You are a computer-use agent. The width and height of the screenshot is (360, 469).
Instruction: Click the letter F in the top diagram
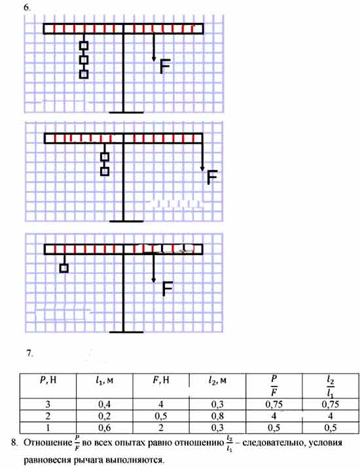tap(165, 66)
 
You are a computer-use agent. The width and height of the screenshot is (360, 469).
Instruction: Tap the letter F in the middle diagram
tap(212, 177)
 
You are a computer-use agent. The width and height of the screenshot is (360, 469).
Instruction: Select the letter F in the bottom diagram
tap(168, 289)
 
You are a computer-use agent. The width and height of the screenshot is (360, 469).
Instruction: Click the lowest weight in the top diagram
tap(84, 74)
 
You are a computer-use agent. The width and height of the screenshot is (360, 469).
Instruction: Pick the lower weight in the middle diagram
tap(105, 171)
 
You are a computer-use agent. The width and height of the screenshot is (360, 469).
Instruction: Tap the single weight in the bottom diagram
tap(63, 268)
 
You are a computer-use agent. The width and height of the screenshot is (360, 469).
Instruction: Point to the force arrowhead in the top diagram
tap(154, 60)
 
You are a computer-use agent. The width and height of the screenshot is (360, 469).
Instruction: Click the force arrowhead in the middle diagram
tap(202, 169)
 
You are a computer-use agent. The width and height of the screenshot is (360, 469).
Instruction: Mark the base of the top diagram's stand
tap(126, 113)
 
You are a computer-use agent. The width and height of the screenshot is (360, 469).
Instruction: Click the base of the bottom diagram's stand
tap(126, 332)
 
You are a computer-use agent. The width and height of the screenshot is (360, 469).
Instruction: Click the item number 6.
tap(27, 8)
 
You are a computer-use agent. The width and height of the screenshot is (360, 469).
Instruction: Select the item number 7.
tap(29, 353)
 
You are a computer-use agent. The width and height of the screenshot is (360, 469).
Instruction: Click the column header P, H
tap(48, 380)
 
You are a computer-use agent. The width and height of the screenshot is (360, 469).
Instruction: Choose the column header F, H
tap(161, 380)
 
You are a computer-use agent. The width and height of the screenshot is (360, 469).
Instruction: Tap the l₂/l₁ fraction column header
tap(331, 387)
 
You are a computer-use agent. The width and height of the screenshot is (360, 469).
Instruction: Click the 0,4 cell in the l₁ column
tap(105, 404)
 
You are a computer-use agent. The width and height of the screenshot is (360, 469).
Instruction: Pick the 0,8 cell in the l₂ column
tap(217, 416)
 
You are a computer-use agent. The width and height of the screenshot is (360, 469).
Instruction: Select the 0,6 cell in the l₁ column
tap(105, 428)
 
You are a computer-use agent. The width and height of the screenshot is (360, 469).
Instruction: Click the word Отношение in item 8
tap(48, 442)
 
